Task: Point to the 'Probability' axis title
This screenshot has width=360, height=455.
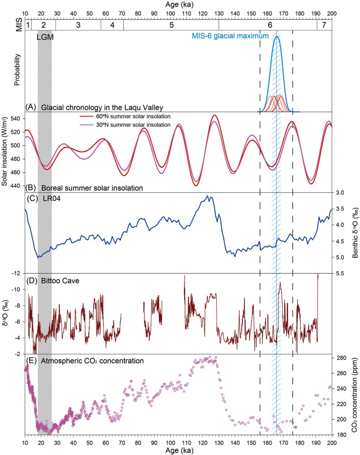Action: point(17,72)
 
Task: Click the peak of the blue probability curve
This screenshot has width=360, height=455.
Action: point(277,36)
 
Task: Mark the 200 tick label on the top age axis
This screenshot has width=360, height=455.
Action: point(331,13)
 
